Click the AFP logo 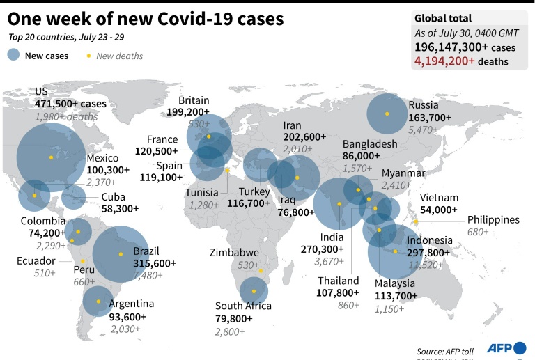pyautogui.click(x=506, y=348)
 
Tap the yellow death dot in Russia pyautogui.click(x=387, y=115)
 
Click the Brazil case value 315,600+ pyautogui.click(x=155, y=263)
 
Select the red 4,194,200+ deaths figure pyautogui.click(x=444, y=61)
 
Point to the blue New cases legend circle pyautogui.click(x=13, y=55)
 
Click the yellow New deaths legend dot pyautogui.click(x=88, y=56)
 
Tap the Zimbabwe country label pyautogui.click(x=236, y=253)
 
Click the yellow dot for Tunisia pyautogui.click(x=227, y=170)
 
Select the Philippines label pyautogui.click(x=493, y=219)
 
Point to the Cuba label pyautogui.click(x=114, y=196)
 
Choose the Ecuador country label pyautogui.click(x=35, y=260)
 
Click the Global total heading pyautogui.click(x=443, y=19)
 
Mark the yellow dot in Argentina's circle pyautogui.click(x=98, y=302)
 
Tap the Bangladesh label pyautogui.click(x=370, y=143)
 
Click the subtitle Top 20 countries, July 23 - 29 pyautogui.click(x=67, y=36)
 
